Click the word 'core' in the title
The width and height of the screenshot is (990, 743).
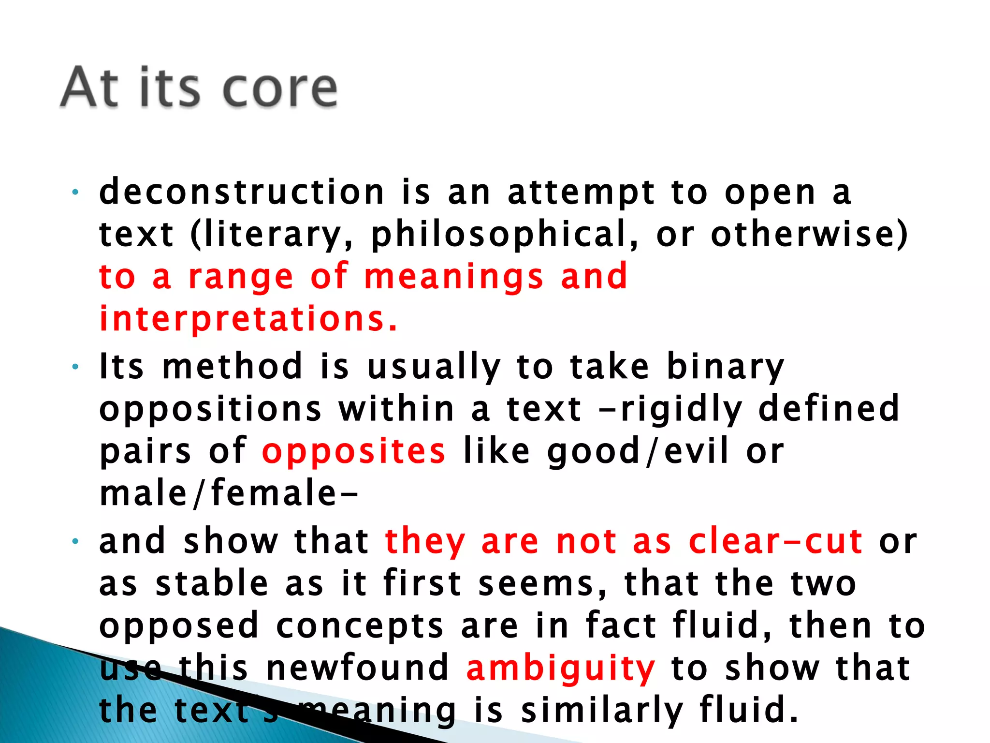click(280, 89)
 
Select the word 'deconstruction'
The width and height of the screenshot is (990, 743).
click(242, 192)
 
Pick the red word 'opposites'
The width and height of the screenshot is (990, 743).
click(353, 452)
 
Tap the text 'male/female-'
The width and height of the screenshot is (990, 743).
click(229, 493)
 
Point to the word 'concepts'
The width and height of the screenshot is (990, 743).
click(360, 625)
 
